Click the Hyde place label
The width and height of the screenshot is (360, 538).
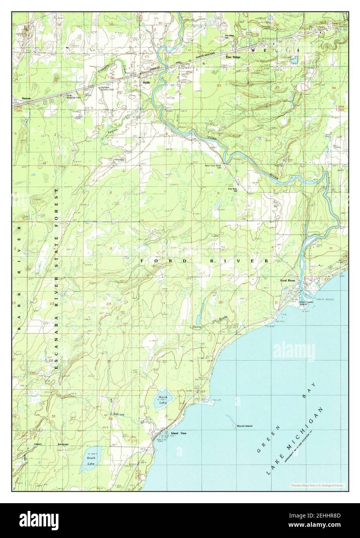[146, 82]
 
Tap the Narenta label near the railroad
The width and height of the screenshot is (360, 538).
[27, 98]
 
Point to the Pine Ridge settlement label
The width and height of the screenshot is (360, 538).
[233, 57]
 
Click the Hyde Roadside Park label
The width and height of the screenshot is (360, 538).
[73, 97]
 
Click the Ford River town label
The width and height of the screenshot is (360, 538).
[288, 281]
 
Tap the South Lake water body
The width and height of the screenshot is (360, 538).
[91, 461]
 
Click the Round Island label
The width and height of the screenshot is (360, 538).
[244, 426]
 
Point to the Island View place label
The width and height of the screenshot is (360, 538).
[178, 433]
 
